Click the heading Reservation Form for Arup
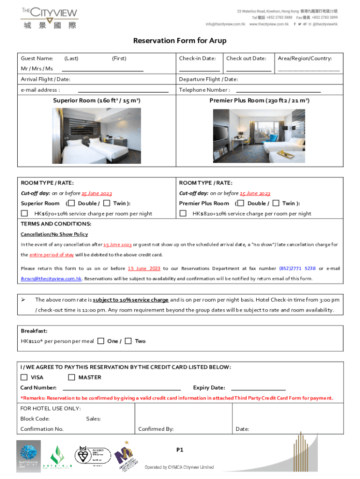[x=180, y=41]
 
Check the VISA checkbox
[x=24, y=377]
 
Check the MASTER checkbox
[x=72, y=377]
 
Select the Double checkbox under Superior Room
[x=72, y=203]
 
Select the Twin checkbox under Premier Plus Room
[x=276, y=203]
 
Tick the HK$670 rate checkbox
[x=24, y=214]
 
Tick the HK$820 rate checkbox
[x=183, y=214]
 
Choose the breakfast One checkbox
[x=101, y=341]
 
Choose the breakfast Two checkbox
[x=128, y=341]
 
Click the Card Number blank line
[x=122, y=388]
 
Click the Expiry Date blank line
[x=258, y=388]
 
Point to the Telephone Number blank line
[x=278, y=91]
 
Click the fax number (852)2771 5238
[x=297, y=269]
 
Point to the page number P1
[x=180, y=450]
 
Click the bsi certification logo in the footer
[x=93, y=456]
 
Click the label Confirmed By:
[x=156, y=429]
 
